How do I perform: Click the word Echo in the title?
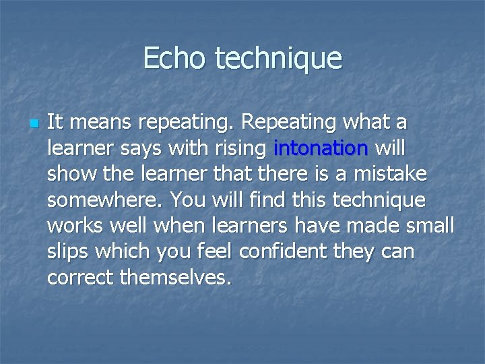[x=175, y=58]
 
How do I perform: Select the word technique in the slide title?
[x=278, y=59]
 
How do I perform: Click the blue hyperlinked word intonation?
[x=321, y=148]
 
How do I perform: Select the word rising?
[x=244, y=148]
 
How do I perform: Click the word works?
[x=77, y=226]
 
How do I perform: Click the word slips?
[x=69, y=251]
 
